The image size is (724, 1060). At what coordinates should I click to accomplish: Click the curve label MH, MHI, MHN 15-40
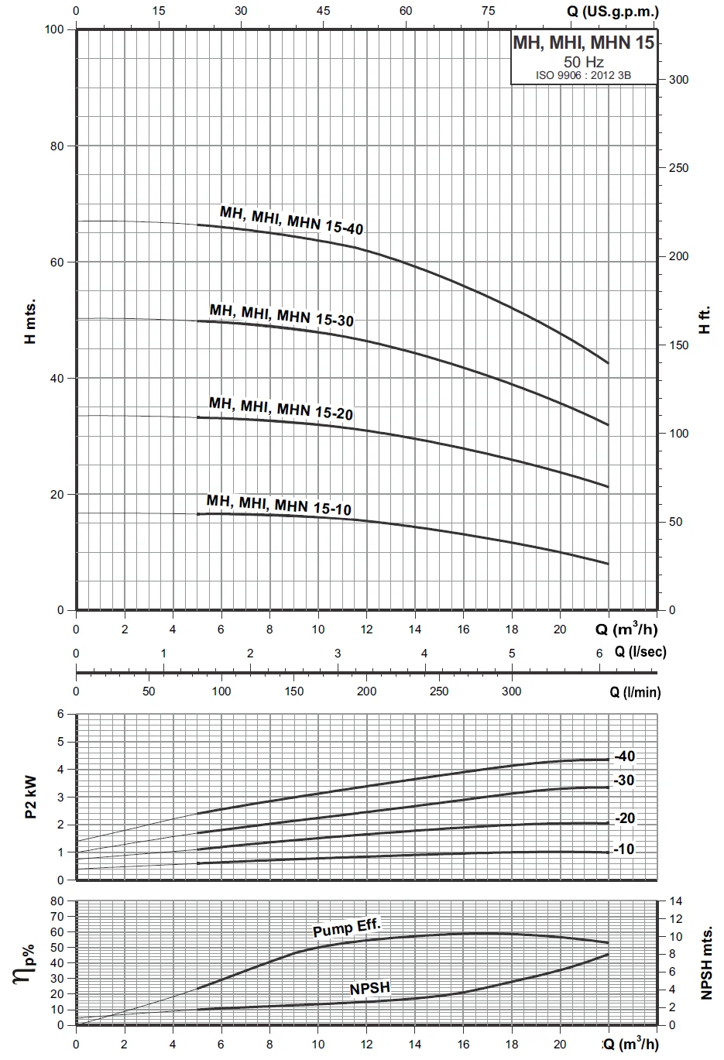pyautogui.click(x=291, y=220)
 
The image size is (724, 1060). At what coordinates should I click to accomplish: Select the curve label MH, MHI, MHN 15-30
pyautogui.click(x=281, y=314)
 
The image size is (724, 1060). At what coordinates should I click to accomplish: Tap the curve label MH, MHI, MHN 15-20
pyautogui.click(x=280, y=408)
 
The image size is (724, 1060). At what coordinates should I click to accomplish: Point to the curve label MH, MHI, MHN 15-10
pyautogui.click(x=279, y=505)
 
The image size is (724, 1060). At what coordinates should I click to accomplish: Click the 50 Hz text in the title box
pyautogui.click(x=584, y=62)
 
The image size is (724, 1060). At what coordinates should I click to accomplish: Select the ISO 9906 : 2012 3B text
pyautogui.click(x=584, y=75)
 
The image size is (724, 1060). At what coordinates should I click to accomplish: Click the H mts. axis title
pyautogui.click(x=30, y=320)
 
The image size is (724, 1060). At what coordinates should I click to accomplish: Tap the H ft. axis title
pyautogui.click(x=705, y=320)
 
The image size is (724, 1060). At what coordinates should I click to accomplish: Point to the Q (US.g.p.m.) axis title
pyautogui.click(x=613, y=11)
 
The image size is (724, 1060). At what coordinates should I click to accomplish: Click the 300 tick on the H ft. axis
pyautogui.click(x=678, y=80)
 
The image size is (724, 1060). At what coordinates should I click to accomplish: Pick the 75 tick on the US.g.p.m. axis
pyautogui.click(x=488, y=11)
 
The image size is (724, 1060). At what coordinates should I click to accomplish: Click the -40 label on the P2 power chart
pyautogui.click(x=624, y=756)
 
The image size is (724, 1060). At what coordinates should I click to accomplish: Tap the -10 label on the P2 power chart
pyautogui.click(x=624, y=849)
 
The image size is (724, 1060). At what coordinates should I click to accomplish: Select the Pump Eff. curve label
pyautogui.click(x=347, y=927)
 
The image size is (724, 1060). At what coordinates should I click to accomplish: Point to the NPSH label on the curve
pyautogui.click(x=369, y=989)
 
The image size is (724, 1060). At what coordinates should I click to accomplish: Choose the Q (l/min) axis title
pyautogui.click(x=635, y=691)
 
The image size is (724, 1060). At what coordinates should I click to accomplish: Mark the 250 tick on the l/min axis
pyautogui.click(x=438, y=691)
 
